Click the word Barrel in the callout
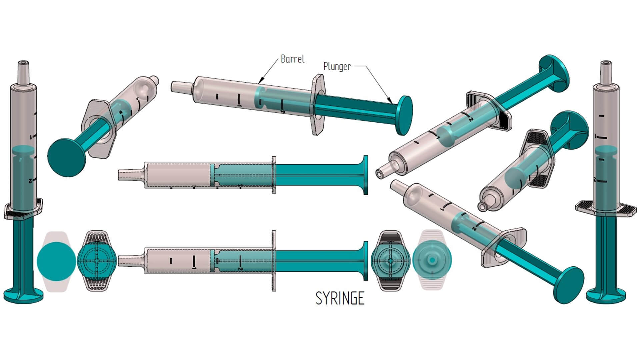[292, 59]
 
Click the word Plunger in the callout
[337, 66]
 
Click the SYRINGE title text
[340, 298]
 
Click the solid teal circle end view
[56, 260]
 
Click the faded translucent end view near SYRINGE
[432, 260]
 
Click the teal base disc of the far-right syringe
[603, 295]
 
